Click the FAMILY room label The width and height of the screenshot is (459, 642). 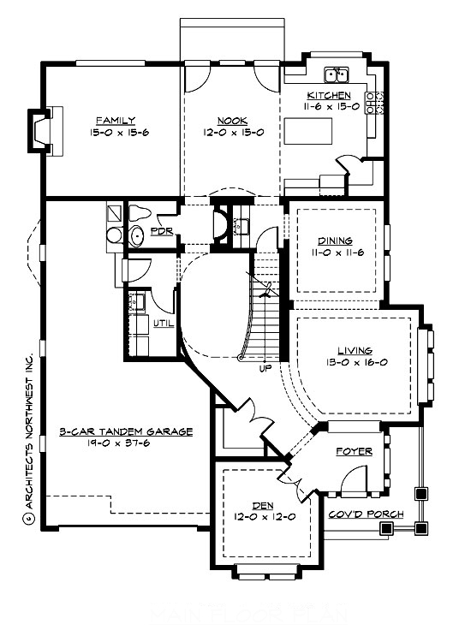click(x=116, y=120)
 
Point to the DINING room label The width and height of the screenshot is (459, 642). click(x=334, y=241)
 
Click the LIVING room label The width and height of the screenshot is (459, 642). click(x=354, y=350)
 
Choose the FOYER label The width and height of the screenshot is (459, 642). click(x=352, y=450)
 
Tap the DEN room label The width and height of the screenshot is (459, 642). click(x=261, y=505)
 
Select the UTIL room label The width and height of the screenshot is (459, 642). click(x=163, y=324)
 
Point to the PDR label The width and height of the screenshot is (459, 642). click(x=159, y=231)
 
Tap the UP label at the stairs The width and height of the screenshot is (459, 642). click(x=265, y=368)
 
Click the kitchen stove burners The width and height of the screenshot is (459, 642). click(x=372, y=103)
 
